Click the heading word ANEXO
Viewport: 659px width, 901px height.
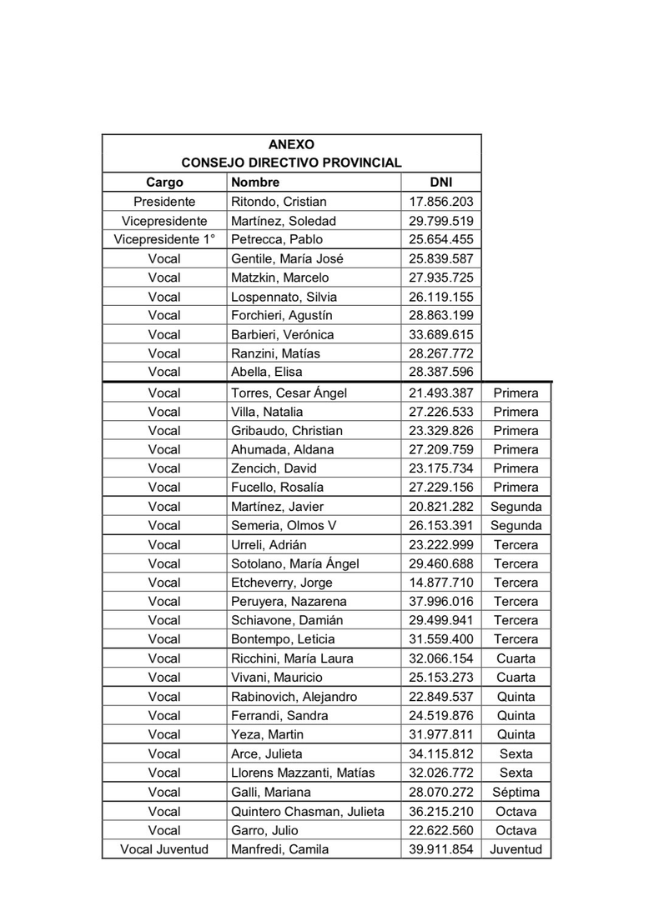coord(291,144)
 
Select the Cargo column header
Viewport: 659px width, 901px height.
coord(164,183)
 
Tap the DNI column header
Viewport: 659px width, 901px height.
coord(440,183)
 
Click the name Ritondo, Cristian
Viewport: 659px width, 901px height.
coord(279,202)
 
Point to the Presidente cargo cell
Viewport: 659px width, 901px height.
coord(164,202)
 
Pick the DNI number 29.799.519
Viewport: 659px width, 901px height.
coord(440,221)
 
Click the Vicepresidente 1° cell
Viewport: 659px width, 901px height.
coord(164,240)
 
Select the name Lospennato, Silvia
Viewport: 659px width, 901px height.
coord(282,297)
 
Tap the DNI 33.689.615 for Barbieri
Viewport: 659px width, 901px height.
coord(440,335)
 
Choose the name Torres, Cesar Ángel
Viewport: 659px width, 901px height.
coord(289,393)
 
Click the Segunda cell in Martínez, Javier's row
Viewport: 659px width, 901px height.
coord(516,507)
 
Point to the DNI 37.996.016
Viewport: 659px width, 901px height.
coord(440,602)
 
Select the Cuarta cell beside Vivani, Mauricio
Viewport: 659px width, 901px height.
coord(516,678)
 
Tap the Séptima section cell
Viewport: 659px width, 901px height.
coord(516,792)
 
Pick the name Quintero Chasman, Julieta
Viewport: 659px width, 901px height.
coord(307,811)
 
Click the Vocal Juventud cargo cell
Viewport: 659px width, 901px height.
coord(164,849)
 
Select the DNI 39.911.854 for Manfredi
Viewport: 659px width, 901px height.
coord(440,849)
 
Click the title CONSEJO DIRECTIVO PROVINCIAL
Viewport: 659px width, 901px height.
coord(291,163)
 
